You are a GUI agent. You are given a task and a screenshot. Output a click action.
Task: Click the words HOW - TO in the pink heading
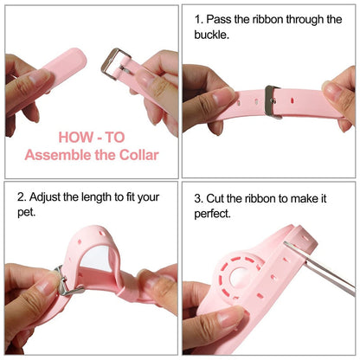tap(91, 137)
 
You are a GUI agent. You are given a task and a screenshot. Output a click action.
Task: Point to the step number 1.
tap(198, 18)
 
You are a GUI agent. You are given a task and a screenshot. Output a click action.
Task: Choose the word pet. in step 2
tap(27, 213)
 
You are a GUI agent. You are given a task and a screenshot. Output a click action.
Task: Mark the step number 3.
tap(198, 197)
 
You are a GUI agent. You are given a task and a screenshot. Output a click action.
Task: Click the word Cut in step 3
tap(217, 197)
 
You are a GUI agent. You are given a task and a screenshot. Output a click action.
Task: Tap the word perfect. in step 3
tap(213, 213)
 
